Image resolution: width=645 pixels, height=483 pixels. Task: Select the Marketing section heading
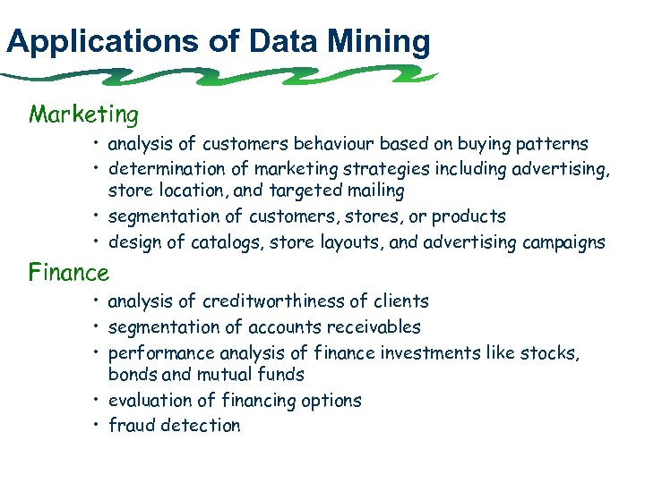pos(83,114)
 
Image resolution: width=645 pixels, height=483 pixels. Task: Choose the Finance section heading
pos(69,271)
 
